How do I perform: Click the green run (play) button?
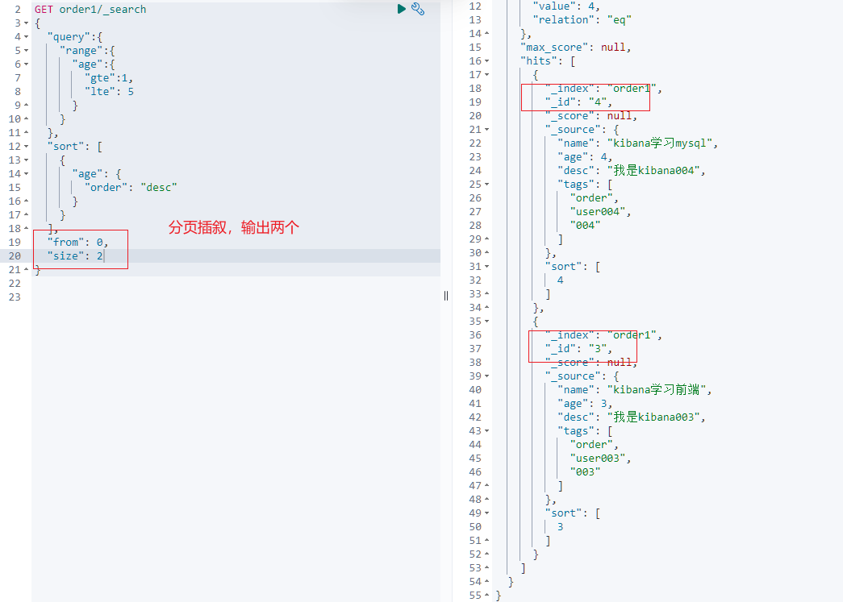[x=401, y=9]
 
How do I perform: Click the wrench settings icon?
[x=418, y=9]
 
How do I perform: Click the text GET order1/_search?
[x=90, y=10]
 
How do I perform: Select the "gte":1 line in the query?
[x=109, y=77]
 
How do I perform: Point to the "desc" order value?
[x=159, y=187]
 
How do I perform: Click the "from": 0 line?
[x=77, y=242]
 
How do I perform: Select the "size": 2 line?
[x=75, y=256]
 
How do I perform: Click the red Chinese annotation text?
[x=233, y=228]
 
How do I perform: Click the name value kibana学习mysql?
[x=661, y=143]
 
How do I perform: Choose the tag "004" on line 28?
[x=585, y=226]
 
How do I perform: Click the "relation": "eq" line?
[x=582, y=19]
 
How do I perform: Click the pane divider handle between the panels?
[x=445, y=296]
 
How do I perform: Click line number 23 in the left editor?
[x=14, y=297]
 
